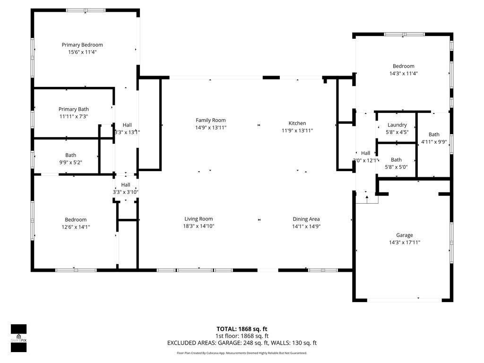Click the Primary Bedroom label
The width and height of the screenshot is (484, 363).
tap(82, 45)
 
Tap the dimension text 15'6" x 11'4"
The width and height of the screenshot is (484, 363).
tap(82, 52)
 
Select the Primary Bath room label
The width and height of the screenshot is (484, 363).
tap(74, 109)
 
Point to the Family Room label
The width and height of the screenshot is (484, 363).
tap(211, 121)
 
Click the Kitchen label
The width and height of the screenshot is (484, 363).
tap(297, 123)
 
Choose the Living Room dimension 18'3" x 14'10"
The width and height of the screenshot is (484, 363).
tap(199, 226)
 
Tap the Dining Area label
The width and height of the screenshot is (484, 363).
tap(306, 219)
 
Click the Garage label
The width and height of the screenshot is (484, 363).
tap(404, 235)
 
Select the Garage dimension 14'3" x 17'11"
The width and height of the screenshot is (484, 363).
tap(404, 242)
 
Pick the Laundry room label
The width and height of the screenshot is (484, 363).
tap(397, 125)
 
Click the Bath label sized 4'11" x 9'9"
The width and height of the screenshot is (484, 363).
tap(434, 134)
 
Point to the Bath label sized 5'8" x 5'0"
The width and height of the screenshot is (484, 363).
tap(396, 160)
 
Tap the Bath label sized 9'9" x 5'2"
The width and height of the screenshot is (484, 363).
tap(71, 155)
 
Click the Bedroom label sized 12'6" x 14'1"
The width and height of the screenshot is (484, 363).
tap(76, 219)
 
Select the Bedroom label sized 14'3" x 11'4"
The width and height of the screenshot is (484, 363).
tap(403, 66)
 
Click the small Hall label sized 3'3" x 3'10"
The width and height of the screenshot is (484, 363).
tap(126, 185)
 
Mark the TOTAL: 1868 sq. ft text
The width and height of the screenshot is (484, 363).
tap(242, 329)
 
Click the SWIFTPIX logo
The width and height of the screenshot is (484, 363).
tap(19, 338)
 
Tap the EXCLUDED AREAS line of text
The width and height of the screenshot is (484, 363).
tap(242, 343)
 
